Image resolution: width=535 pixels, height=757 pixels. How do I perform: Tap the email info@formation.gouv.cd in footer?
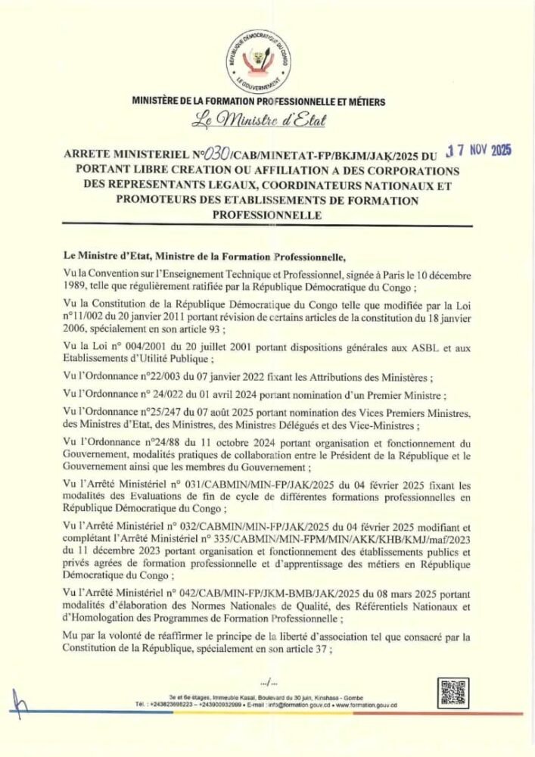285,705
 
